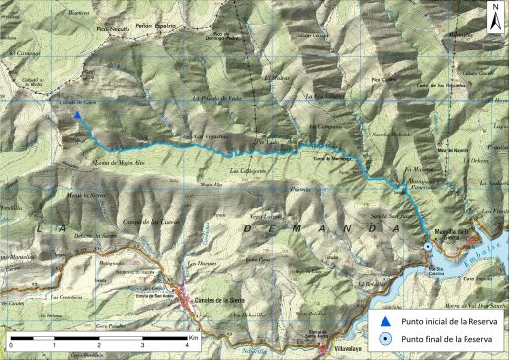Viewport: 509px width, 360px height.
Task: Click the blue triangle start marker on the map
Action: [77, 115]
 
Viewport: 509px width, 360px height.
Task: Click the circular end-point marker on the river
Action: [427, 247]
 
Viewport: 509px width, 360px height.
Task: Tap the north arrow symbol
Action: [493, 15]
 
